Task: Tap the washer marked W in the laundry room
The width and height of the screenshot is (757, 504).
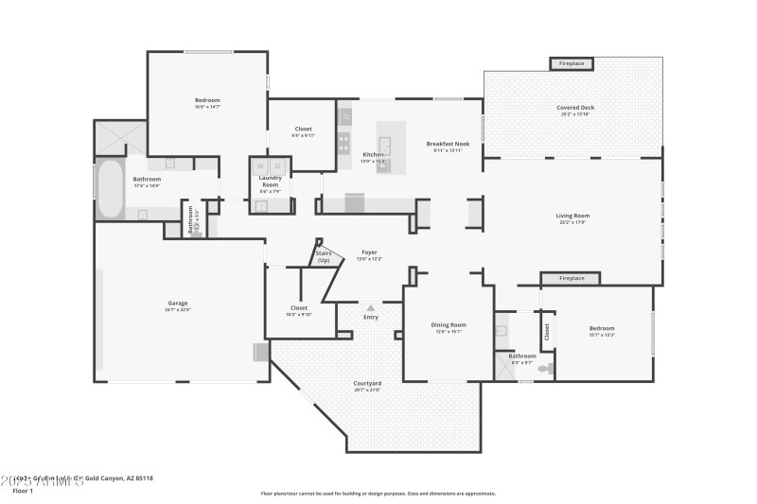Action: tap(260, 166)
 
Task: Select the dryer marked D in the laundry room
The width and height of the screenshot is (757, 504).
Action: tap(278, 166)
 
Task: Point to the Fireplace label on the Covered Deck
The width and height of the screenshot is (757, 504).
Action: tap(572, 63)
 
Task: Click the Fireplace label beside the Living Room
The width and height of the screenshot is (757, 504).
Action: tap(572, 279)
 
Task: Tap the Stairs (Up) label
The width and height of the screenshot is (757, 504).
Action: tap(324, 256)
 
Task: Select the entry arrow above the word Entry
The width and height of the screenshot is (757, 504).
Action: tap(370, 307)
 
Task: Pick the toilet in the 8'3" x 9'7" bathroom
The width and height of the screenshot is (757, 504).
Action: tap(546, 368)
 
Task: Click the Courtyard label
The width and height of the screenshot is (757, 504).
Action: tap(367, 383)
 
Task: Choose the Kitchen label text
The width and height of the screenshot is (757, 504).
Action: tap(374, 154)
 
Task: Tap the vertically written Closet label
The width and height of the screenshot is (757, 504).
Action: tap(547, 332)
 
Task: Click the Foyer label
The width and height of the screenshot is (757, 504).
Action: tap(370, 252)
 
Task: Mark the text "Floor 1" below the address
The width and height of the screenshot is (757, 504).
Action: tap(22, 492)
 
